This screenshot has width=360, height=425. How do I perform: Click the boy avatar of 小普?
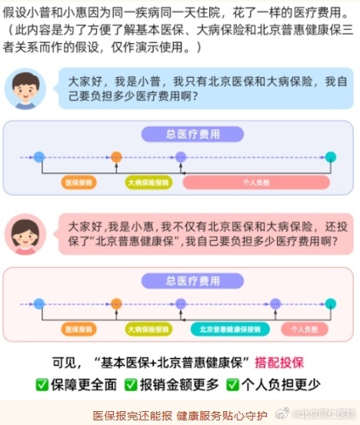(x=26, y=89)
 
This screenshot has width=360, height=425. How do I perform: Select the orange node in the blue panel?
(x=116, y=157)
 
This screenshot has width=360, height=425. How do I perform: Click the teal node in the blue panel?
(x=331, y=157)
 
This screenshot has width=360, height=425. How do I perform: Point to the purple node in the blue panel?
(x=181, y=157)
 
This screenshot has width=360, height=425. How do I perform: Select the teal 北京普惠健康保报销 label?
(x=230, y=330)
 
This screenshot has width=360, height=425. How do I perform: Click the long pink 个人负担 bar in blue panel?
(x=256, y=183)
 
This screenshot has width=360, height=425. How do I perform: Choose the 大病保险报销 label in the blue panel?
(x=148, y=183)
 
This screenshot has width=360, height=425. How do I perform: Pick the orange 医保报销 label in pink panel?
(x=79, y=330)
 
